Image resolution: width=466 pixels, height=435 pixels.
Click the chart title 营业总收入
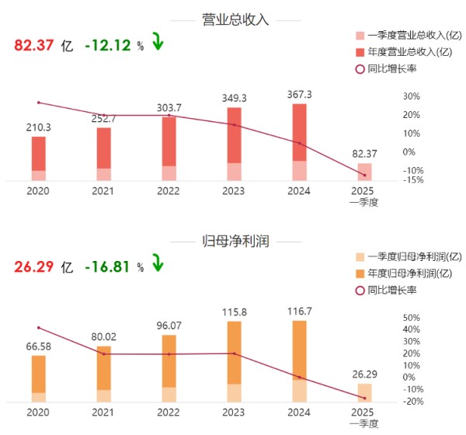tap(234, 19)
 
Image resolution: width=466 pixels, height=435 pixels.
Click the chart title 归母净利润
tap(234, 242)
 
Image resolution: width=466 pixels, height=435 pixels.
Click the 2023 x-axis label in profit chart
tap(234, 412)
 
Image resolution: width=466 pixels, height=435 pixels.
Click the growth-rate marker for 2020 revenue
tap(38, 103)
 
